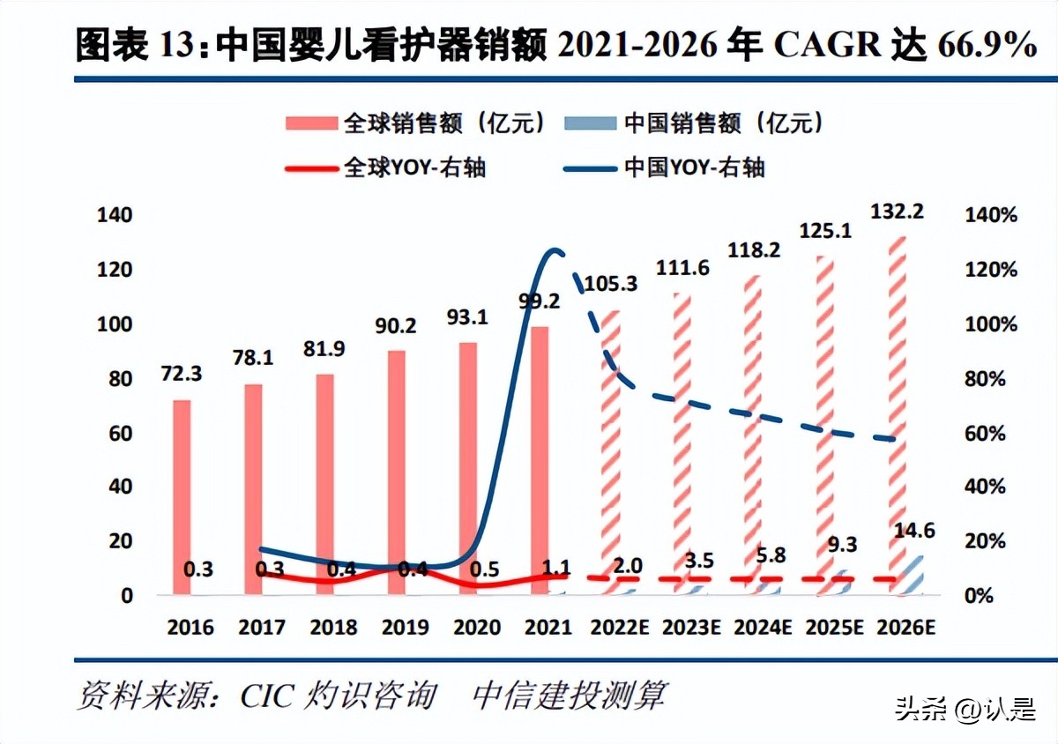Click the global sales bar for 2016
[182, 497]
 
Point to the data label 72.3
[181, 373]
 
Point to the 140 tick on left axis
[113, 216]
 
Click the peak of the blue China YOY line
[553, 252]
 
